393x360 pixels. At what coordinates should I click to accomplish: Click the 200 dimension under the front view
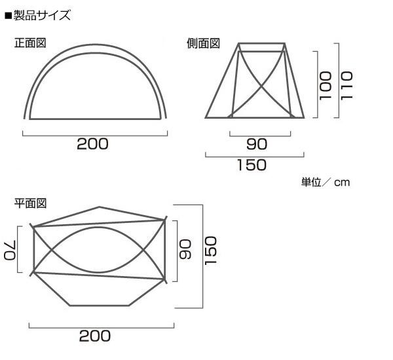tap(92, 144)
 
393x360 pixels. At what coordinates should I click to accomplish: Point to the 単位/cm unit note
tap(326, 182)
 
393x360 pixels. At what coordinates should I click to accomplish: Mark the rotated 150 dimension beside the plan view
tap(210, 250)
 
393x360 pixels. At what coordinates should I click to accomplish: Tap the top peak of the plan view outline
tap(100, 208)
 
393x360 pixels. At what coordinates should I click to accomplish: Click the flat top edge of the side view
tap(262, 44)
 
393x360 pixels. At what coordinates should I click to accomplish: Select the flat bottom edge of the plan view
tap(102, 305)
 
